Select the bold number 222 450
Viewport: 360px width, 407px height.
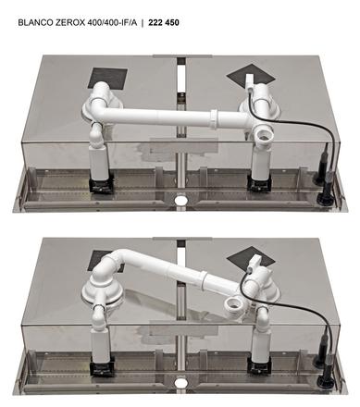pos(164,23)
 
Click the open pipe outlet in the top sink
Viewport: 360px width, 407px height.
pos(264,135)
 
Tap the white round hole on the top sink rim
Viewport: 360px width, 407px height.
pos(180,200)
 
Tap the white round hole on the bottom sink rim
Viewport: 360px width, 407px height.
pos(180,383)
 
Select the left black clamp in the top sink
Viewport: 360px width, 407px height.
pos(101,184)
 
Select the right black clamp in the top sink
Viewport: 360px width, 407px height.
pos(261,184)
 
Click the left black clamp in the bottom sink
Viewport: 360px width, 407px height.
pos(103,365)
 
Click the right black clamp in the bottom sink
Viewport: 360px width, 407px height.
pos(259,364)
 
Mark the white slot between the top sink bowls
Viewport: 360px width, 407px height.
pos(181,79)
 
